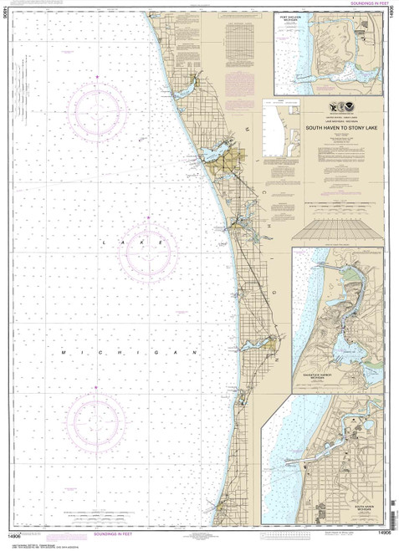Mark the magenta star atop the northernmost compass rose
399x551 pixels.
click(x=99, y=77)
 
